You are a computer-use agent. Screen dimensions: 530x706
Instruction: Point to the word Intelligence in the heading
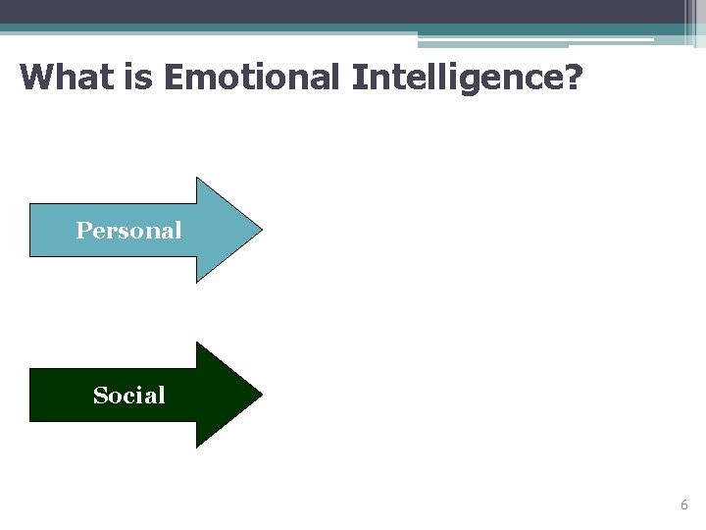click(454, 77)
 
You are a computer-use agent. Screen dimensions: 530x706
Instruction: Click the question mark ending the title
click(571, 77)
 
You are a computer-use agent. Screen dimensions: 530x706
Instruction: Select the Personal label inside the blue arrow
click(128, 231)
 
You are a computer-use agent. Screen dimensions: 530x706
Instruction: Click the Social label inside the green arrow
click(128, 396)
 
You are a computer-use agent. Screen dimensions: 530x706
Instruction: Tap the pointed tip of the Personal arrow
click(260, 231)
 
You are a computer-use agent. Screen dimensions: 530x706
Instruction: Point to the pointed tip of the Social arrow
click(260, 396)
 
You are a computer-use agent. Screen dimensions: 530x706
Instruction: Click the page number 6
click(683, 504)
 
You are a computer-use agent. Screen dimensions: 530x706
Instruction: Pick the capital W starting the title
click(34, 77)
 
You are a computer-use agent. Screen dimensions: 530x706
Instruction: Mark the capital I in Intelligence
click(357, 77)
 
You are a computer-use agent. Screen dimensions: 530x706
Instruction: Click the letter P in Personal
click(82, 231)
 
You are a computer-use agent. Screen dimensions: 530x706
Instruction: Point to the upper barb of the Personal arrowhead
click(199, 181)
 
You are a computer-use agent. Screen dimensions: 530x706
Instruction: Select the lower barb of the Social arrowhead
click(199, 445)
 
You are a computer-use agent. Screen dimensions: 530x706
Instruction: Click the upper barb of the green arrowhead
click(199, 345)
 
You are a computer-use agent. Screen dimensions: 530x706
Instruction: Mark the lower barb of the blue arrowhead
click(199, 280)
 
